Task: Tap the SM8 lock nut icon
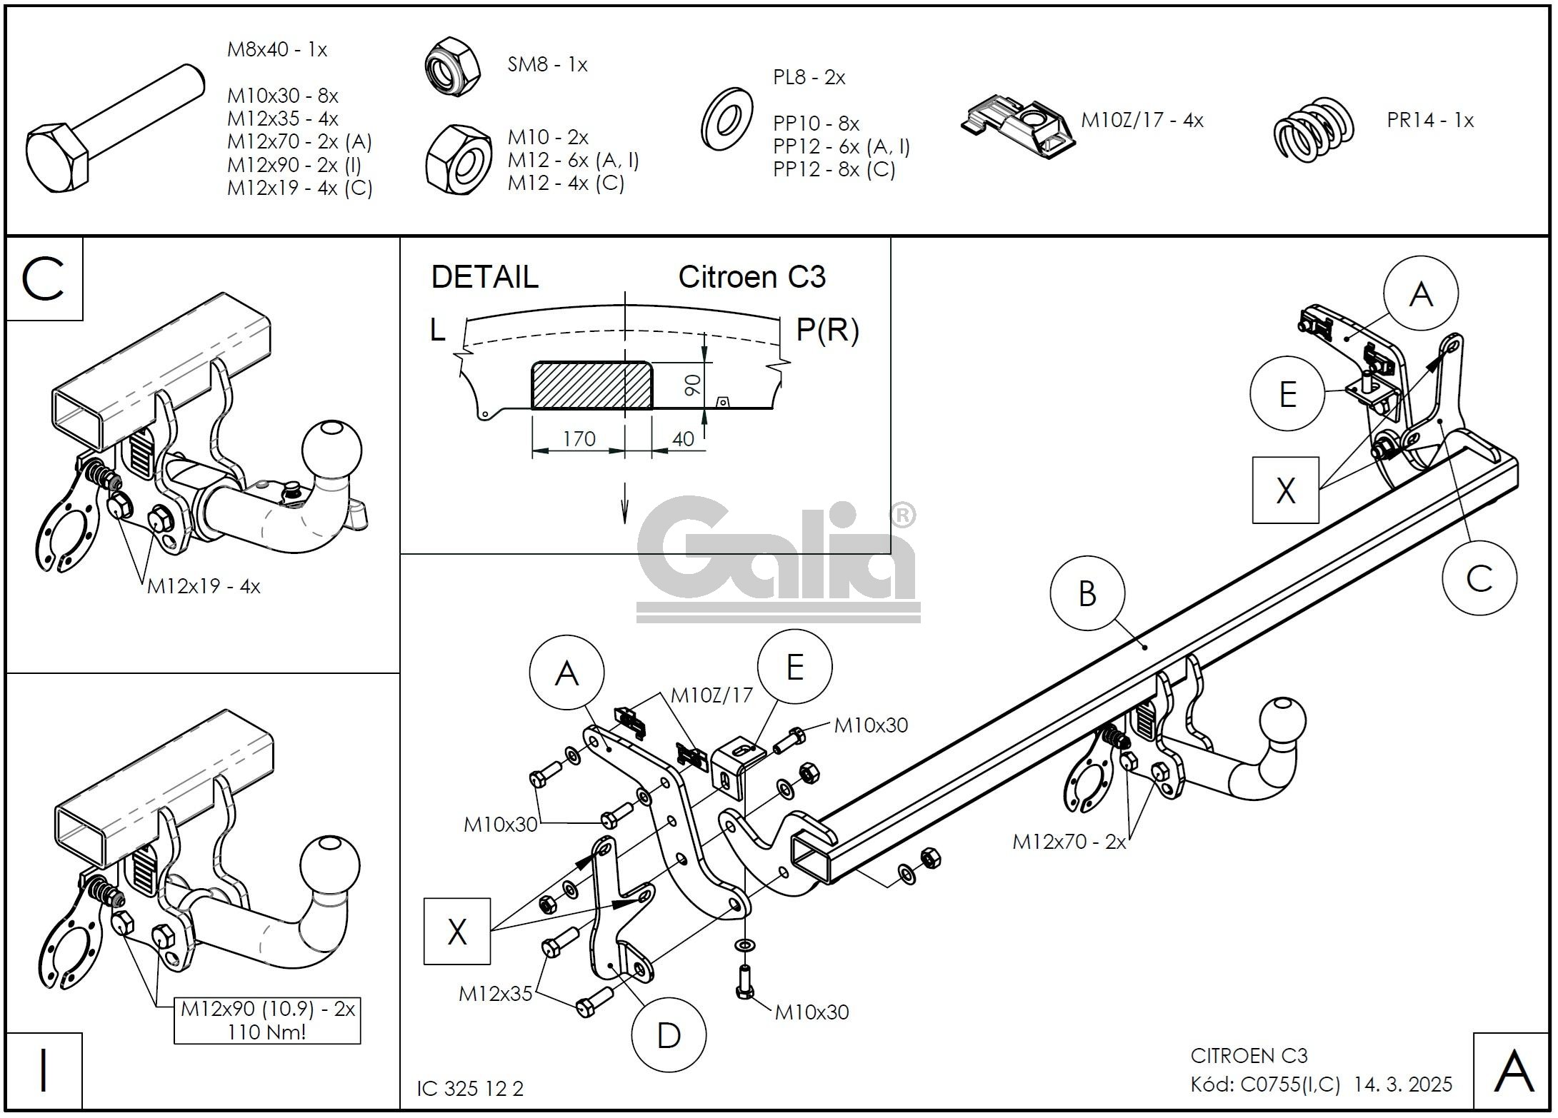(452, 68)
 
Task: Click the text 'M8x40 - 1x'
(277, 50)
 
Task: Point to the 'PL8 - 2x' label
(809, 78)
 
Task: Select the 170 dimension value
(579, 438)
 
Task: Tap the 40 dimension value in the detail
(683, 439)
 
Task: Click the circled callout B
(1087, 594)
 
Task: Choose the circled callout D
(669, 1036)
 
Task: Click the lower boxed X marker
(457, 932)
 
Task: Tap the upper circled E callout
(1287, 394)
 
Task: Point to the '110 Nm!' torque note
(267, 1032)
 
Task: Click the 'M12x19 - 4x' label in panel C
(204, 587)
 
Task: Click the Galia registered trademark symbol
(904, 515)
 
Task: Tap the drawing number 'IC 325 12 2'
(470, 1089)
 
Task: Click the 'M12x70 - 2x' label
(1069, 842)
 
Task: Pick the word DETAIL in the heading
(484, 277)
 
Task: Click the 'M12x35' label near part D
(496, 994)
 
